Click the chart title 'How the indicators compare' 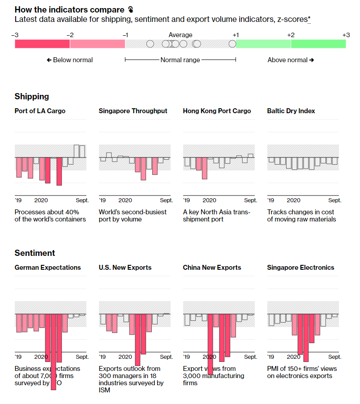pyautogui.click(x=70, y=9)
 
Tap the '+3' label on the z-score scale pyautogui.click(x=346, y=35)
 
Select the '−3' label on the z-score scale pyautogui.click(x=15, y=35)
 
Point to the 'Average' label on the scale pyautogui.click(x=180, y=35)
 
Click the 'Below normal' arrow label pyautogui.click(x=70, y=60)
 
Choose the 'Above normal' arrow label pyautogui.click(x=291, y=60)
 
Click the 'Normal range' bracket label pyautogui.click(x=180, y=60)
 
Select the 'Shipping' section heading pyautogui.click(x=32, y=97)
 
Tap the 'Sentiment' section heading pyautogui.click(x=35, y=253)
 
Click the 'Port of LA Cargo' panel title pyautogui.click(x=40, y=111)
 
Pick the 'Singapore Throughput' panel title pyautogui.click(x=133, y=111)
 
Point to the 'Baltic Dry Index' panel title pyautogui.click(x=291, y=111)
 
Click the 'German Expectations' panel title pyautogui.click(x=48, y=268)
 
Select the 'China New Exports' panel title pyautogui.click(x=212, y=268)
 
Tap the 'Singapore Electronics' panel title pyautogui.click(x=300, y=268)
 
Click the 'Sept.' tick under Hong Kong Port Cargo pyautogui.click(x=250, y=200)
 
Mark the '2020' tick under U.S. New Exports pyautogui.click(x=125, y=357)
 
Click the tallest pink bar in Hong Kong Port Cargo pyautogui.click(x=205, y=168)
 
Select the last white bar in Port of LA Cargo pyautogui.click(x=82, y=151)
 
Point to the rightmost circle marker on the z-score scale pyautogui.click(x=232, y=44)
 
